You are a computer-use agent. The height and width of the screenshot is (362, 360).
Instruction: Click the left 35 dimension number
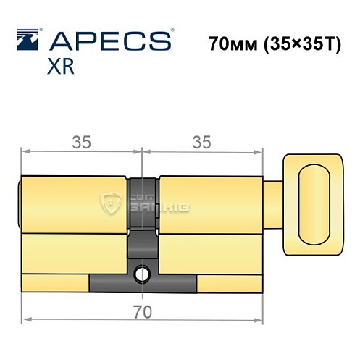[x=82, y=143]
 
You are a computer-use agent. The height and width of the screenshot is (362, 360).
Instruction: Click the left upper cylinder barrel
[x=76, y=204]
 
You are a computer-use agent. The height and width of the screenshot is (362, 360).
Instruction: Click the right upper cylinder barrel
[x=210, y=204]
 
